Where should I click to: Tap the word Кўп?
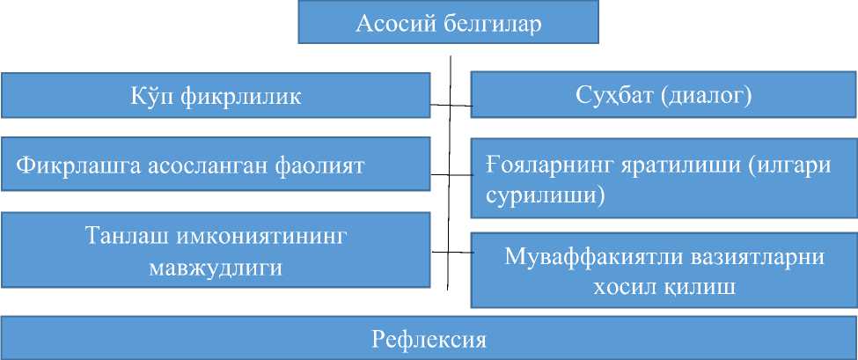click(150, 96)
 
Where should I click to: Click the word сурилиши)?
click(546, 195)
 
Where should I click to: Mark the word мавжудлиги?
click(216, 267)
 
